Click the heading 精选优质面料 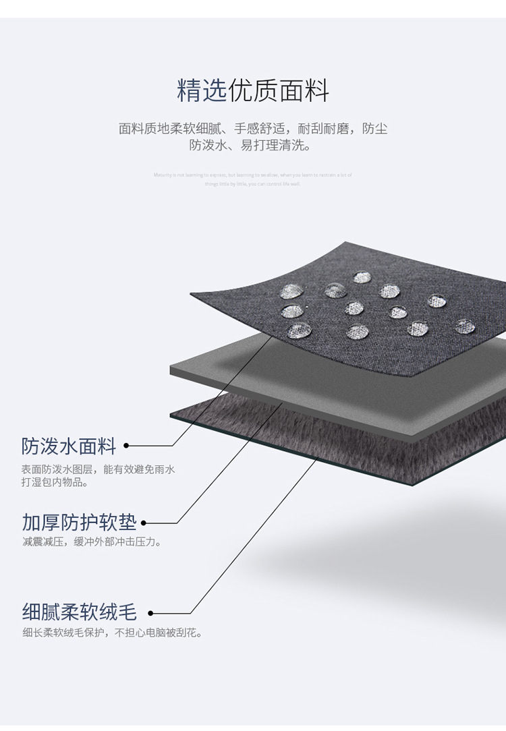[x=252, y=90]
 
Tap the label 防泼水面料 [x=69, y=446]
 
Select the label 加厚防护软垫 [x=79, y=522]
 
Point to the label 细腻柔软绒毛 [x=79, y=612]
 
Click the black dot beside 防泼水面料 [x=126, y=446]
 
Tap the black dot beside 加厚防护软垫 [x=143, y=523]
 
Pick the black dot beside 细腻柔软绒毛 [x=150, y=613]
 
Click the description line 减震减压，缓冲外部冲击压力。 [x=92, y=542]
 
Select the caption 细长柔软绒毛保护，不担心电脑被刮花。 [x=112, y=633]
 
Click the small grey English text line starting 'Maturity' [x=252, y=175]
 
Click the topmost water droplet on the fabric [x=362, y=277]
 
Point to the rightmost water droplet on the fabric [x=465, y=326]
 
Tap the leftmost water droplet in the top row [x=291, y=291]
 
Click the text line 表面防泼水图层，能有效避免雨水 [x=98, y=469]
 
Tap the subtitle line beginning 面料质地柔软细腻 [x=253, y=128]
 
